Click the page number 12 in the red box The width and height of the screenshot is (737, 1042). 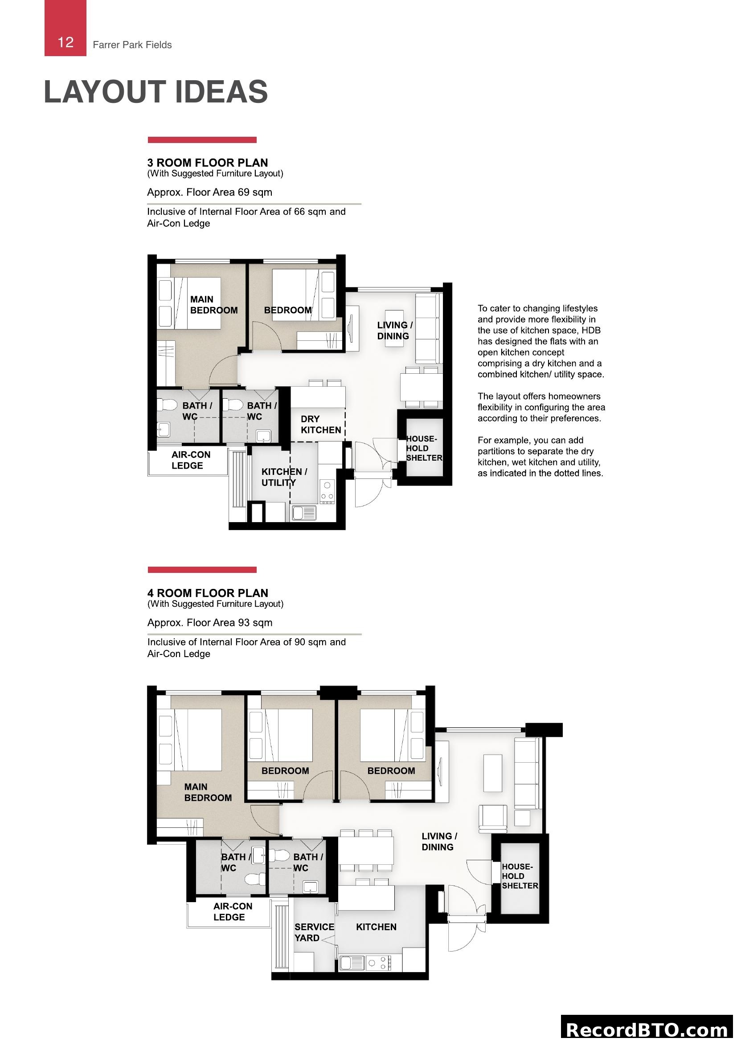(66, 42)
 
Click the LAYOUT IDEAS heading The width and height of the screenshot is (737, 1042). (156, 92)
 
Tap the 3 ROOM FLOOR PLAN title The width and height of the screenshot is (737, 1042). (207, 163)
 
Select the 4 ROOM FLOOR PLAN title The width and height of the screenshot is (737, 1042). (207, 593)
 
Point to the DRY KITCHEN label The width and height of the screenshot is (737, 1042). (320, 425)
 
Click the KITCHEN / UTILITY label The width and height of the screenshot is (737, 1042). (284, 477)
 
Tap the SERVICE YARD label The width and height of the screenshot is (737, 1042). (314, 932)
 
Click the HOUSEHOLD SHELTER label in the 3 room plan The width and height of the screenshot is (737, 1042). (423, 449)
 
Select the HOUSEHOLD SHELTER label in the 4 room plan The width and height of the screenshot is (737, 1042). (520, 876)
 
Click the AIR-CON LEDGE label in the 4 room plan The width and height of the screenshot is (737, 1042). (232, 911)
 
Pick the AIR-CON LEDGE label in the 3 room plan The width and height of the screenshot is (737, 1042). (191, 460)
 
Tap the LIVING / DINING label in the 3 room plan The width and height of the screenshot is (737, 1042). (394, 331)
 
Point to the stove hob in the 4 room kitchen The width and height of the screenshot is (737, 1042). (378, 963)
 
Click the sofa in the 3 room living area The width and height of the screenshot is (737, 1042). (428, 328)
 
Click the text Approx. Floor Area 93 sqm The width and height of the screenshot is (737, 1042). (210, 622)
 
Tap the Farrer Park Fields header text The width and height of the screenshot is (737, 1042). (132, 45)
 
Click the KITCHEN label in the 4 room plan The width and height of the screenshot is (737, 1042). (376, 927)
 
